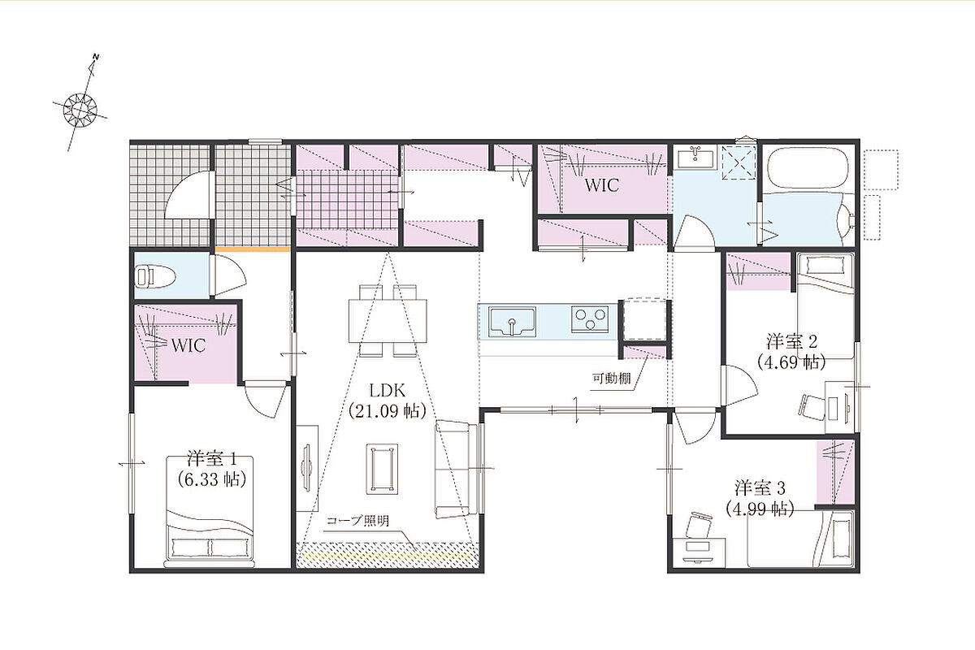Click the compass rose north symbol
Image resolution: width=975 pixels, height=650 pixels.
pos(80,109)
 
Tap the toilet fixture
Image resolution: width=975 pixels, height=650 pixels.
pos(155,277)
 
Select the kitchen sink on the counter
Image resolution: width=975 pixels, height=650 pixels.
pos(512,323)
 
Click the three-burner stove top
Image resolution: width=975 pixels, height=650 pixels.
pos(590,319)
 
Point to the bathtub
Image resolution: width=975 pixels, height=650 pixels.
pos(808,167)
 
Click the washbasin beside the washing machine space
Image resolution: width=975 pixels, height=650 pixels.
pos(695,156)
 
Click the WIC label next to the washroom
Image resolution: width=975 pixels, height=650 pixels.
pos(602,185)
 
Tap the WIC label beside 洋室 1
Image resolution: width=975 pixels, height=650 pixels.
pos(188,345)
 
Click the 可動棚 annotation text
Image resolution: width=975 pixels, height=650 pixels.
pos(612,379)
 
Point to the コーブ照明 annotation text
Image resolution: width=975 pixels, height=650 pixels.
pos(357,521)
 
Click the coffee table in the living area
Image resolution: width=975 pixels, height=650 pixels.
pos(382,470)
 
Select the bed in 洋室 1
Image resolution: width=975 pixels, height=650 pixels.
pos(210,512)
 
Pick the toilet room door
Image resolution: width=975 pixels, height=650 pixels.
pos(227,276)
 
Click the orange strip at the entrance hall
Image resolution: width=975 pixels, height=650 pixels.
pos(253,249)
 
